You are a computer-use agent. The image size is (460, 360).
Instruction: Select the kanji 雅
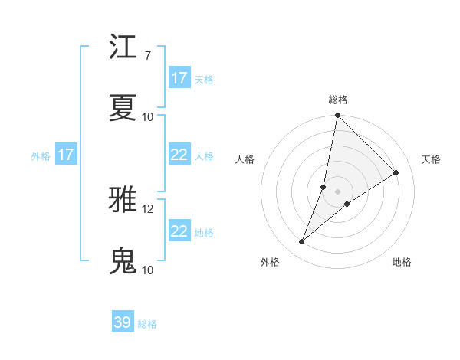(x=123, y=200)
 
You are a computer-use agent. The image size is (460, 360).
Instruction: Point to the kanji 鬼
(x=123, y=260)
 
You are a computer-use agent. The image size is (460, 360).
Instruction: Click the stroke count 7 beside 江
(x=147, y=55)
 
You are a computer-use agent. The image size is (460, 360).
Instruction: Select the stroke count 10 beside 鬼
(x=147, y=270)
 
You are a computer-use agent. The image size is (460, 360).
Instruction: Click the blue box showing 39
(x=123, y=322)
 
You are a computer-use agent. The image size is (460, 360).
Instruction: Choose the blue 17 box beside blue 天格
(x=179, y=78)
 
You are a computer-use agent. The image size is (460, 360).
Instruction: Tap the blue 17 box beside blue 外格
(x=66, y=155)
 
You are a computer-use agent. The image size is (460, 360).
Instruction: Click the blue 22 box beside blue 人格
(x=179, y=155)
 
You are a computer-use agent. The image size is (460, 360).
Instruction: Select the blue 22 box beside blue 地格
(x=179, y=231)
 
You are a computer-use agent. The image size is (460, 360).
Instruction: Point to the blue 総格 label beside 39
(x=147, y=324)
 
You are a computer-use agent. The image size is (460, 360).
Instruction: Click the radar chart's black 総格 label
(x=338, y=100)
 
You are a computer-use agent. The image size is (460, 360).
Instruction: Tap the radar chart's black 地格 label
(x=402, y=262)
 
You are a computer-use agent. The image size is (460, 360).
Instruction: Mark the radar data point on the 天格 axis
(x=396, y=172)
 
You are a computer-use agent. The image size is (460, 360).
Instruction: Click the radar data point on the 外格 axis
(x=302, y=242)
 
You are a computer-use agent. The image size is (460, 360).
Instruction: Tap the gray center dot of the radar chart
(x=338, y=191)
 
